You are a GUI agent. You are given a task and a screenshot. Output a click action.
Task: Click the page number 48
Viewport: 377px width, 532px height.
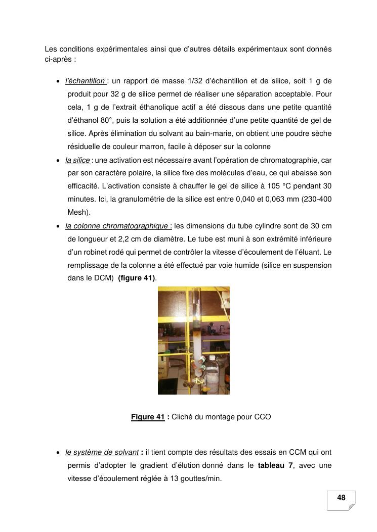point(341,498)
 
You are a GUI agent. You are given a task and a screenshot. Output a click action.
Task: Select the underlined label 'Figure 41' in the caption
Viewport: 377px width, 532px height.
point(148,417)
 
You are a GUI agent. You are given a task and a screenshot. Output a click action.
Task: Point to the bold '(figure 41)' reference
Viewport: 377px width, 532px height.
point(137,278)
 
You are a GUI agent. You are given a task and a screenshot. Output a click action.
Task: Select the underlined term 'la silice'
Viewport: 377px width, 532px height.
point(77,160)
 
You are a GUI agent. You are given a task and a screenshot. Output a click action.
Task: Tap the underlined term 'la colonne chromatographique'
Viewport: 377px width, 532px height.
point(118,225)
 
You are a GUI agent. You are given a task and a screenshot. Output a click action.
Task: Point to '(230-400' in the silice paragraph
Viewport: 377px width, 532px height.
point(316,199)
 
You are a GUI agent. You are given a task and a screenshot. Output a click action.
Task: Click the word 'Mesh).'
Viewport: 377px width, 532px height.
point(79,212)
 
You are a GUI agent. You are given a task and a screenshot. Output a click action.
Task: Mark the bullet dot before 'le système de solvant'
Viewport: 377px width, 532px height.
point(59,453)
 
